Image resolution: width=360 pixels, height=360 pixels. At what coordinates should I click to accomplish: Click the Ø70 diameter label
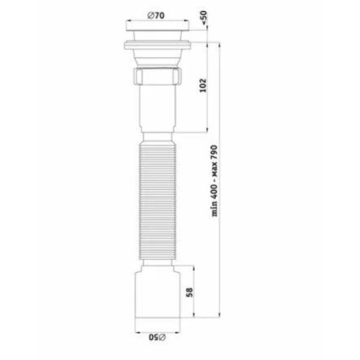coord(156,16)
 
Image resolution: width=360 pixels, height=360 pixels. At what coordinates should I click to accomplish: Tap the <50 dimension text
coord(203,17)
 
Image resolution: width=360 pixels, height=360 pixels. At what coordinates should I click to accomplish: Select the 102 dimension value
coord(203,85)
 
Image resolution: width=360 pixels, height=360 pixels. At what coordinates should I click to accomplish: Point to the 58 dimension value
coord(190,292)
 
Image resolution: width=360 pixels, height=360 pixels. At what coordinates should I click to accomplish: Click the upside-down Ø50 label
coord(157,337)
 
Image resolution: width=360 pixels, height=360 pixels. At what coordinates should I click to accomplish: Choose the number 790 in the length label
coord(214,153)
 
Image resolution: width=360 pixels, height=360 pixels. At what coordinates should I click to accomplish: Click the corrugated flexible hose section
coord(158,200)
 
